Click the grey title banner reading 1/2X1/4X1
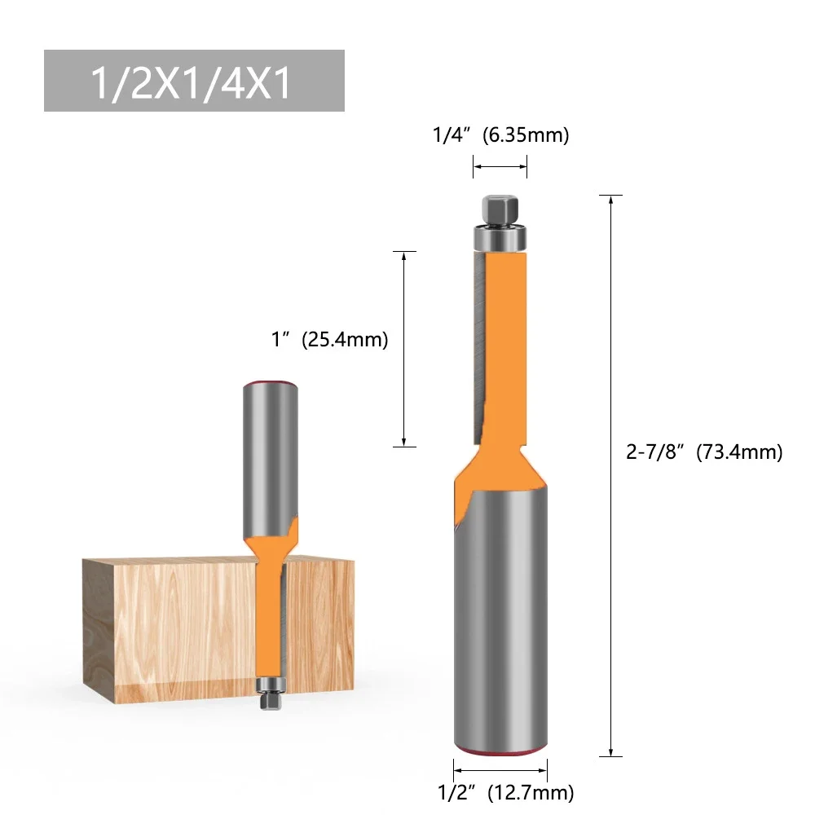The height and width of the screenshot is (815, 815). point(194,81)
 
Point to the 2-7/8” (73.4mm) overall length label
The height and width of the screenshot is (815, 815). point(703,452)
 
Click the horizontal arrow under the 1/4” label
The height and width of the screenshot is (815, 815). point(500,167)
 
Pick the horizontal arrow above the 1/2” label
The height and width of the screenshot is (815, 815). point(500,769)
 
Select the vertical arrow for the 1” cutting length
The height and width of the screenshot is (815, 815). point(404,348)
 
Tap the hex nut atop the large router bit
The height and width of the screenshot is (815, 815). point(500,209)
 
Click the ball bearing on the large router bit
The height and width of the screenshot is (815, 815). point(500,238)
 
